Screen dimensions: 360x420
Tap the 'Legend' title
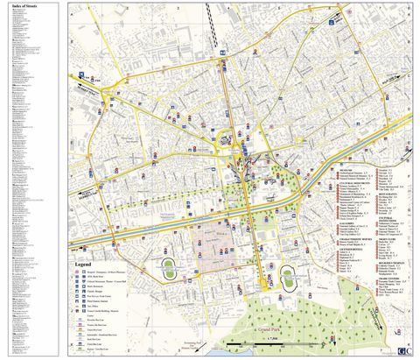tap(85, 265)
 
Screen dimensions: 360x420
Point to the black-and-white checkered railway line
tap(213, 18)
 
